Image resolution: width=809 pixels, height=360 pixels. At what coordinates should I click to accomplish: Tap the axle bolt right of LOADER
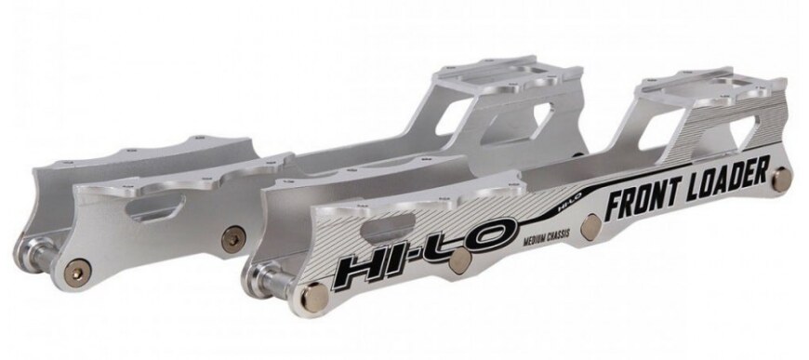point(780,176)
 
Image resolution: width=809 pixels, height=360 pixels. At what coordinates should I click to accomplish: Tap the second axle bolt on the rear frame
point(229,234)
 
